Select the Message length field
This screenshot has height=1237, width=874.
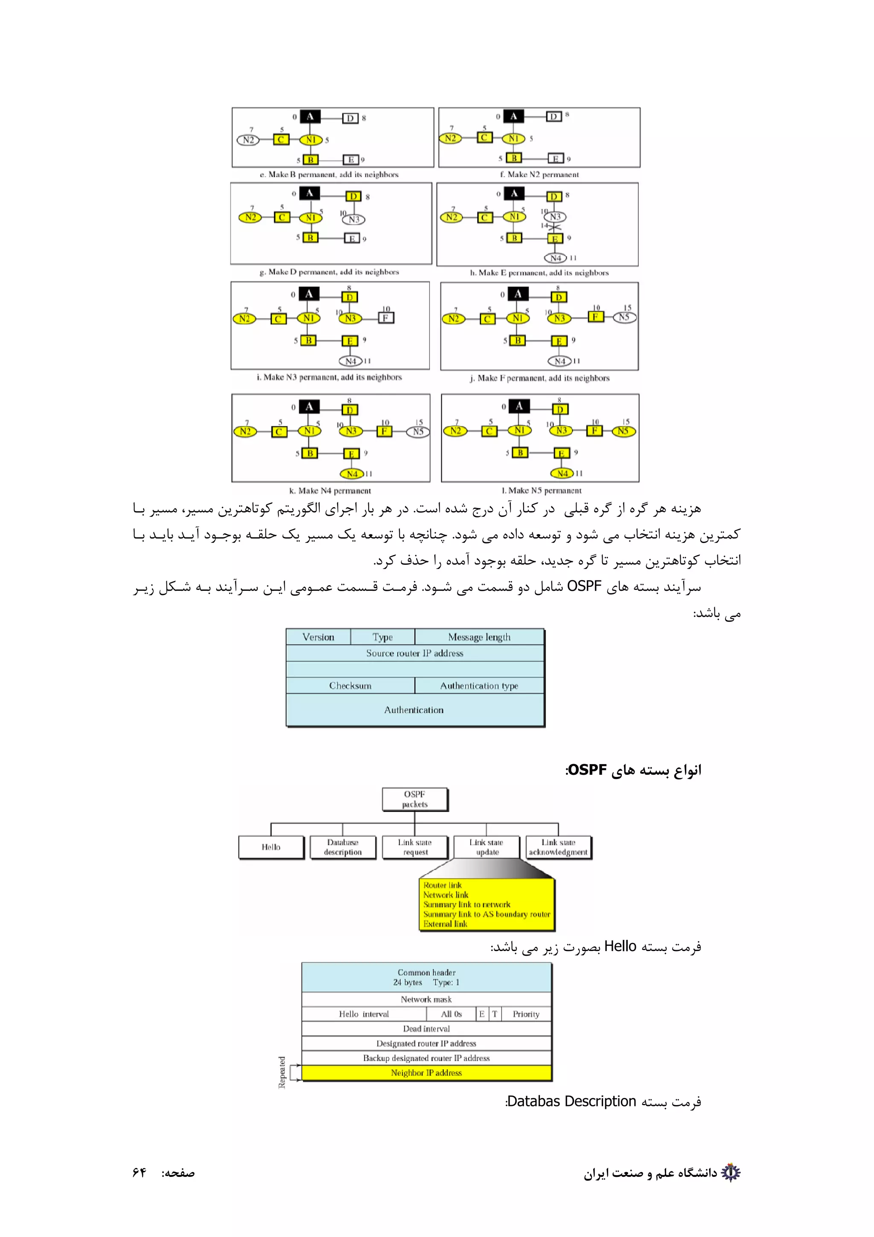[479, 637]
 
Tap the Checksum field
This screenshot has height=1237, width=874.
[350, 686]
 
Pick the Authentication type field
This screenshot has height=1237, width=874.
[479, 686]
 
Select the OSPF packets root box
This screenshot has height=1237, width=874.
[415, 799]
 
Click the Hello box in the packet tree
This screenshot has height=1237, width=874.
[271, 847]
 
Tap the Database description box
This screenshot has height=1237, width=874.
[343, 847]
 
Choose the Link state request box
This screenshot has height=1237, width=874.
[415, 847]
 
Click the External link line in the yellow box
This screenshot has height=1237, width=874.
[446, 923]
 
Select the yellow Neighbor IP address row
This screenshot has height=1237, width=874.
[426, 1073]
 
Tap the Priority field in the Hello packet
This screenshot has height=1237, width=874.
[526, 1014]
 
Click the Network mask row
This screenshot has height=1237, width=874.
[426, 999]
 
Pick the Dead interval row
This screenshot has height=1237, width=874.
[426, 1029]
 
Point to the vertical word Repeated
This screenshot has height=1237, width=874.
[282, 1072]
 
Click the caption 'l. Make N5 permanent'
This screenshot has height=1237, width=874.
[541, 490]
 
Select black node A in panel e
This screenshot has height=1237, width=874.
[310, 117]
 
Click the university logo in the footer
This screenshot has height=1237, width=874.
[731, 1173]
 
